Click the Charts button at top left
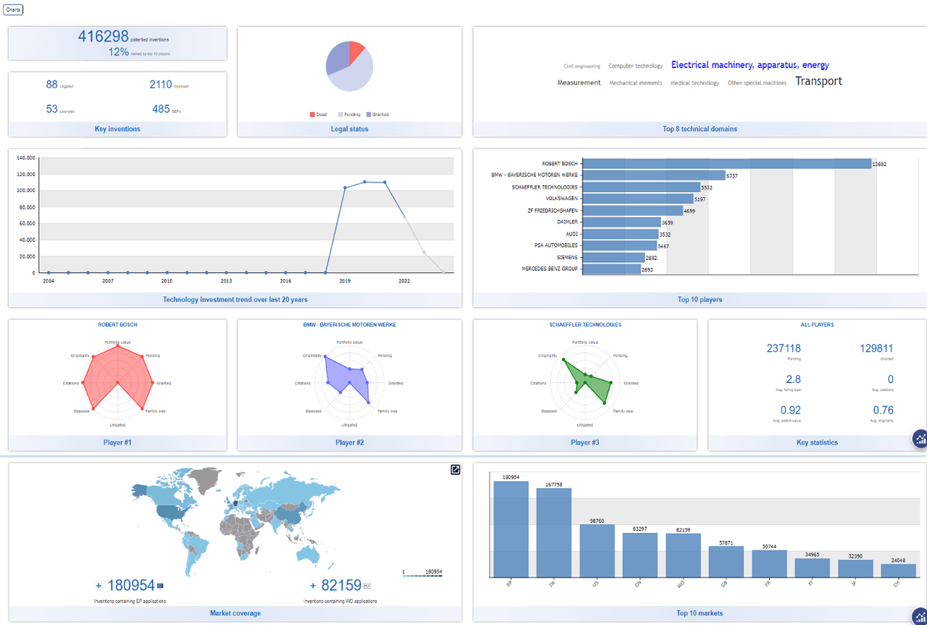point(13,9)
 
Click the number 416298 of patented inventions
point(103,36)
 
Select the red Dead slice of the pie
point(356,52)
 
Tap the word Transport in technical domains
point(818,81)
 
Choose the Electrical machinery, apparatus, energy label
point(750,65)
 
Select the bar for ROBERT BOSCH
point(726,164)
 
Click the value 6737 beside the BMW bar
point(731,176)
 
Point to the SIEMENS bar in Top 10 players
point(613,257)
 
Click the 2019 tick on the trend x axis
point(345,281)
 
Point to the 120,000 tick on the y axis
point(25,175)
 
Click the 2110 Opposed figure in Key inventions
point(161,85)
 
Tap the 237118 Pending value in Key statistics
point(784,348)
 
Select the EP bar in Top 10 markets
point(511,529)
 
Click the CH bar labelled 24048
point(898,570)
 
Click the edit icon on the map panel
point(455,469)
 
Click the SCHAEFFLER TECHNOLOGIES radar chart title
point(585,324)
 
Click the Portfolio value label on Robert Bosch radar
point(117,342)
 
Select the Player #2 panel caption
point(349,442)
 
